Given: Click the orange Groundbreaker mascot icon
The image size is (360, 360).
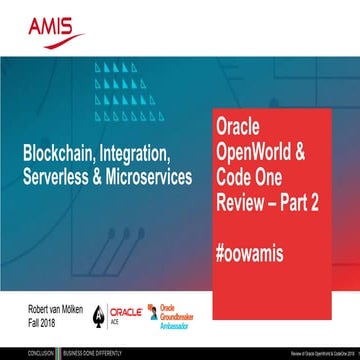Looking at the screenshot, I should point(154,308).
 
